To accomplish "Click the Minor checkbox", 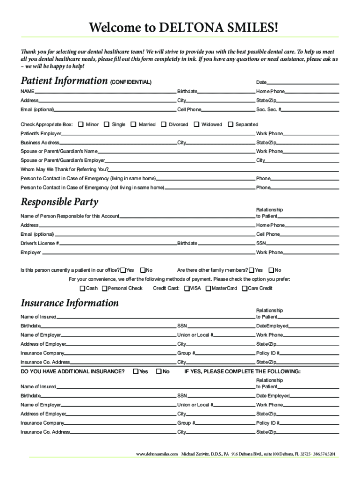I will pos(81,124).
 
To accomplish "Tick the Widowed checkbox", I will pos(196,124).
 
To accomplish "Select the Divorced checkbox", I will pos(164,124).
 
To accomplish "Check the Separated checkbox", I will pos(230,124).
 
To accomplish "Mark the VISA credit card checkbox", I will pos(187,288).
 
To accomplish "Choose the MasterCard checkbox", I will pos(208,288).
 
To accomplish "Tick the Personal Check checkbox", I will pos(104,288).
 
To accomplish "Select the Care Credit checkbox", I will pos(244,288).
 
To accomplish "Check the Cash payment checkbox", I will pos(83,288).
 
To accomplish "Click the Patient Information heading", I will pos(64,81).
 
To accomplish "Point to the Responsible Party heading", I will pos(59,202).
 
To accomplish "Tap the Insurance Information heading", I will pos(70,303).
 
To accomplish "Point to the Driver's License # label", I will pos(40,244).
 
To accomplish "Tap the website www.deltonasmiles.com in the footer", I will pos(157,454).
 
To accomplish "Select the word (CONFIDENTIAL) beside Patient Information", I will pos(130,83).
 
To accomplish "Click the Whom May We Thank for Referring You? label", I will pos(65,169).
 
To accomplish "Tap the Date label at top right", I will pos(261,83).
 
